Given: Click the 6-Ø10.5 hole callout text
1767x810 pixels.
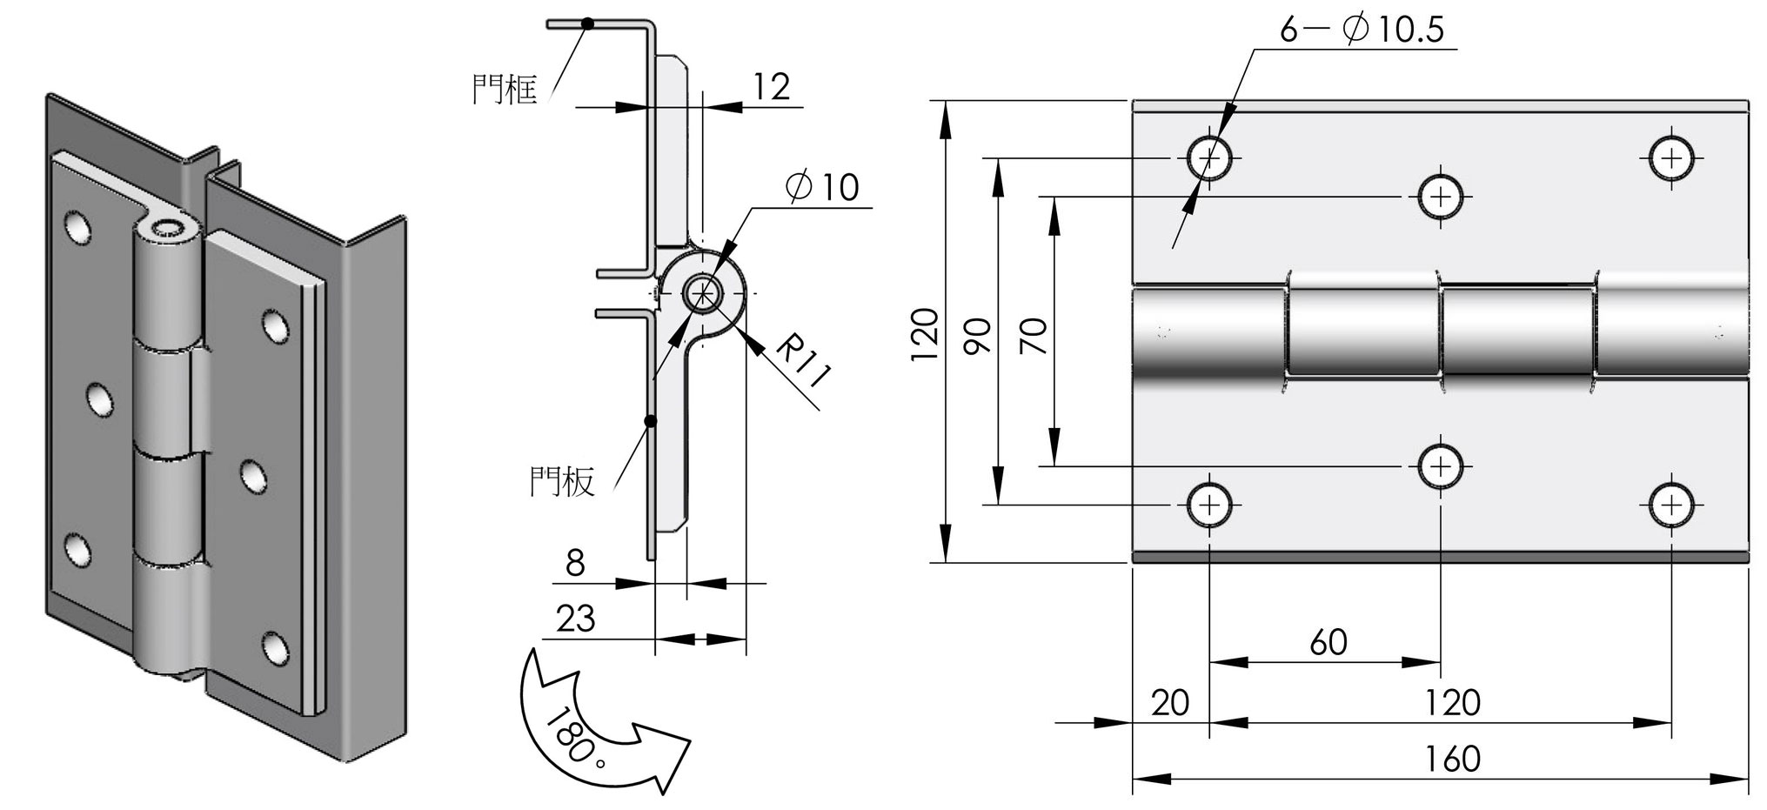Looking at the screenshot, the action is click(1361, 30).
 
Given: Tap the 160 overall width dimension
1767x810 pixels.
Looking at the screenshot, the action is click(1452, 760).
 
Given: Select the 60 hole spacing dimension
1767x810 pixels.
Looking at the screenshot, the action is click(1328, 643).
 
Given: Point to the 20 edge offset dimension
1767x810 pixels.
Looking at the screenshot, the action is click(1169, 702).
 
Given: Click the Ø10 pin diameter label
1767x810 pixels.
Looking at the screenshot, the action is click(821, 187).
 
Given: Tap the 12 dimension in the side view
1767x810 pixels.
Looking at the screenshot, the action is click(771, 87).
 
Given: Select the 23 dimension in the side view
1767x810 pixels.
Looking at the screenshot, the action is click(575, 619).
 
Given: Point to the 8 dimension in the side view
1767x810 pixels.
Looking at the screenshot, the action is click(575, 564).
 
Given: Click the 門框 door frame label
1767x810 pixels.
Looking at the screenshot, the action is click(505, 89).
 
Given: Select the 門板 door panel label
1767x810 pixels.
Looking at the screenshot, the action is click(562, 481).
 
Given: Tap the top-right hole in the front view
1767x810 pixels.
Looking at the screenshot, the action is click(1671, 158).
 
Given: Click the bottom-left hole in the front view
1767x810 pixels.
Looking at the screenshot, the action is click(1209, 505).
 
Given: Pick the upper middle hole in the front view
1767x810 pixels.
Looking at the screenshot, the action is click(1441, 197).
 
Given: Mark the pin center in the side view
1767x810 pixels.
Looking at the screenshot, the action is click(702, 294).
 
